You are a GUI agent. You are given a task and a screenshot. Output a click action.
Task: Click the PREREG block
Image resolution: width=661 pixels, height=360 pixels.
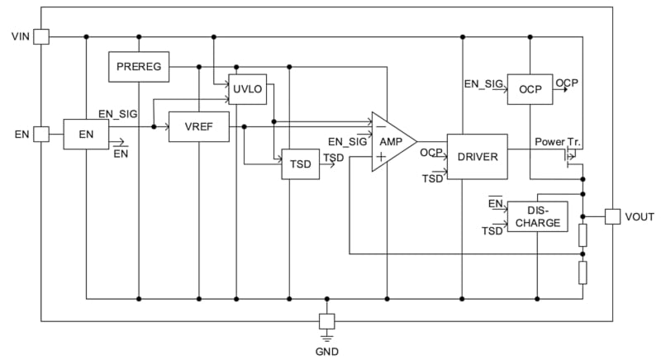pyautogui.click(x=139, y=66)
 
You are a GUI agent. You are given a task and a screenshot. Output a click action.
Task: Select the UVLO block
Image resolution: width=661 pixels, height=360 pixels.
pyautogui.click(x=247, y=90)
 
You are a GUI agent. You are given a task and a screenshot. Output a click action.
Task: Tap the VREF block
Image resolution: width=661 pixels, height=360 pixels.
pyautogui.click(x=198, y=126)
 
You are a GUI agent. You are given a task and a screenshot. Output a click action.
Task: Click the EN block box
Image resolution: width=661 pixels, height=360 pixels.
pyautogui.click(x=86, y=133)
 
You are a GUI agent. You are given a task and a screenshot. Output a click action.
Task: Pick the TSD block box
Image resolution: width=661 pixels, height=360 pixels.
pyautogui.click(x=301, y=163)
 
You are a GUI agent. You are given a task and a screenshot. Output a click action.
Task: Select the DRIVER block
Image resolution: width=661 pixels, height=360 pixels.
pyautogui.click(x=477, y=156)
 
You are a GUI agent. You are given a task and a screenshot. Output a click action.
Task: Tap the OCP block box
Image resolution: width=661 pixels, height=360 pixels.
pyautogui.click(x=530, y=89)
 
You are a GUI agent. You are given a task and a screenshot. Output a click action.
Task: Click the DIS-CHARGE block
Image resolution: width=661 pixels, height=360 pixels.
pyautogui.click(x=537, y=216)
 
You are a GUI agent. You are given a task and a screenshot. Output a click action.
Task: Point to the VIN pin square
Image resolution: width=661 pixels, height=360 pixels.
pyautogui.click(x=41, y=36)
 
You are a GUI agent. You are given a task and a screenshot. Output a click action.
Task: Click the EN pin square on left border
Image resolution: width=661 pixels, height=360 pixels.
pyautogui.click(x=41, y=134)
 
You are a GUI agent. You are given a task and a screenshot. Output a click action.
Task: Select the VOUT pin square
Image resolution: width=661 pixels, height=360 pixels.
pyautogui.click(x=612, y=216)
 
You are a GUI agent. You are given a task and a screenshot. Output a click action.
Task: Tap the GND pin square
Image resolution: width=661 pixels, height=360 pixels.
pyautogui.click(x=327, y=320)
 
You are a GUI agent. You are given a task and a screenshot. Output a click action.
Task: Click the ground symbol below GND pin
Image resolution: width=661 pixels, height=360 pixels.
pyautogui.click(x=327, y=336)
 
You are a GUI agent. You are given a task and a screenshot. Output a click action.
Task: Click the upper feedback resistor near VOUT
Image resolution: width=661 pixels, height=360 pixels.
pyautogui.click(x=583, y=235)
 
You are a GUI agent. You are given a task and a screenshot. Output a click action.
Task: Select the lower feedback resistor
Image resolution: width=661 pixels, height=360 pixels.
pyautogui.click(x=583, y=272)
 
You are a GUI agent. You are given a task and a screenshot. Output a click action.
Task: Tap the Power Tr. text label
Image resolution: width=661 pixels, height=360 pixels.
pyautogui.click(x=558, y=141)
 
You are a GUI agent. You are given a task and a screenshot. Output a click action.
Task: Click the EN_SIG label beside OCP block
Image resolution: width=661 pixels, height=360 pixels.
pyautogui.click(x=483, y=83)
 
